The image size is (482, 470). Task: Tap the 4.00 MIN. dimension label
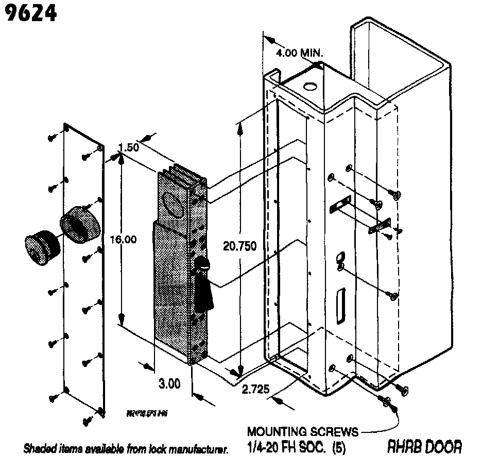[x=299, y=53]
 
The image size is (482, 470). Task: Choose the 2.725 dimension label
[x=255, y=390]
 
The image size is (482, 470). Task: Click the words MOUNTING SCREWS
[x=303, y=431]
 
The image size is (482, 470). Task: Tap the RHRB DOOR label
[x=424, y=446]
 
